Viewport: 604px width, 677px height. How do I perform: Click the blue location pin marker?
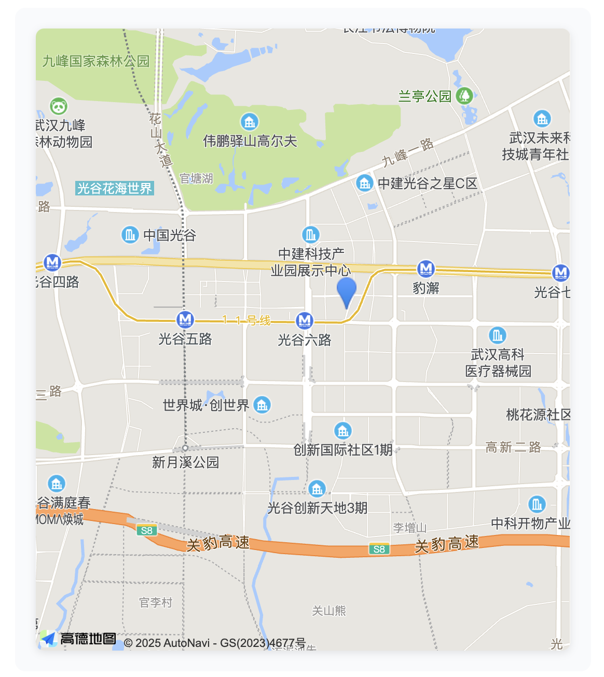347,291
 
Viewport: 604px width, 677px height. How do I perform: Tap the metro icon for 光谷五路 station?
185,319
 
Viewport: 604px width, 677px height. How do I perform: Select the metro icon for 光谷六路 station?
305,321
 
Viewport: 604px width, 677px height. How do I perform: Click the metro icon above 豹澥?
425,269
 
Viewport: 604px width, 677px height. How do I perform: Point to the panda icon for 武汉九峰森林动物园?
59,106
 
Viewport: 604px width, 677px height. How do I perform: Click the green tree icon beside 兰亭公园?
464,96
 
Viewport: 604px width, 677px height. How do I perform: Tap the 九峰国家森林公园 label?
96,62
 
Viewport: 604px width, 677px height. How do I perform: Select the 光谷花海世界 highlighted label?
115,188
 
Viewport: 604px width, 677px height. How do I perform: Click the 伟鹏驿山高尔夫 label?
250,141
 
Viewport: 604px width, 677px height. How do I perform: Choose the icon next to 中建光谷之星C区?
364,183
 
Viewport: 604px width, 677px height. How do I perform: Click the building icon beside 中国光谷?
130,235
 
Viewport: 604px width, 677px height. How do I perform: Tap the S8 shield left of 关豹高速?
147,530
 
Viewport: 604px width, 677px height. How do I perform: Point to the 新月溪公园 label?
185,462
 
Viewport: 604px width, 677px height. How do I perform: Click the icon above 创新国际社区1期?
342,430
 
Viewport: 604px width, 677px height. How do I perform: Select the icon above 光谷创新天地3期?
317,489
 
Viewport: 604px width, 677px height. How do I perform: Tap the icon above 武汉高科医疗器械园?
497,335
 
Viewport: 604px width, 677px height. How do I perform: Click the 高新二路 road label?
513,447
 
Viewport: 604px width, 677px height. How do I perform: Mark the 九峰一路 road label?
408,152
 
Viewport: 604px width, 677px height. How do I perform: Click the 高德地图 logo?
78,639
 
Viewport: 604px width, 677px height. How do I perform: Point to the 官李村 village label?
156,602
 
